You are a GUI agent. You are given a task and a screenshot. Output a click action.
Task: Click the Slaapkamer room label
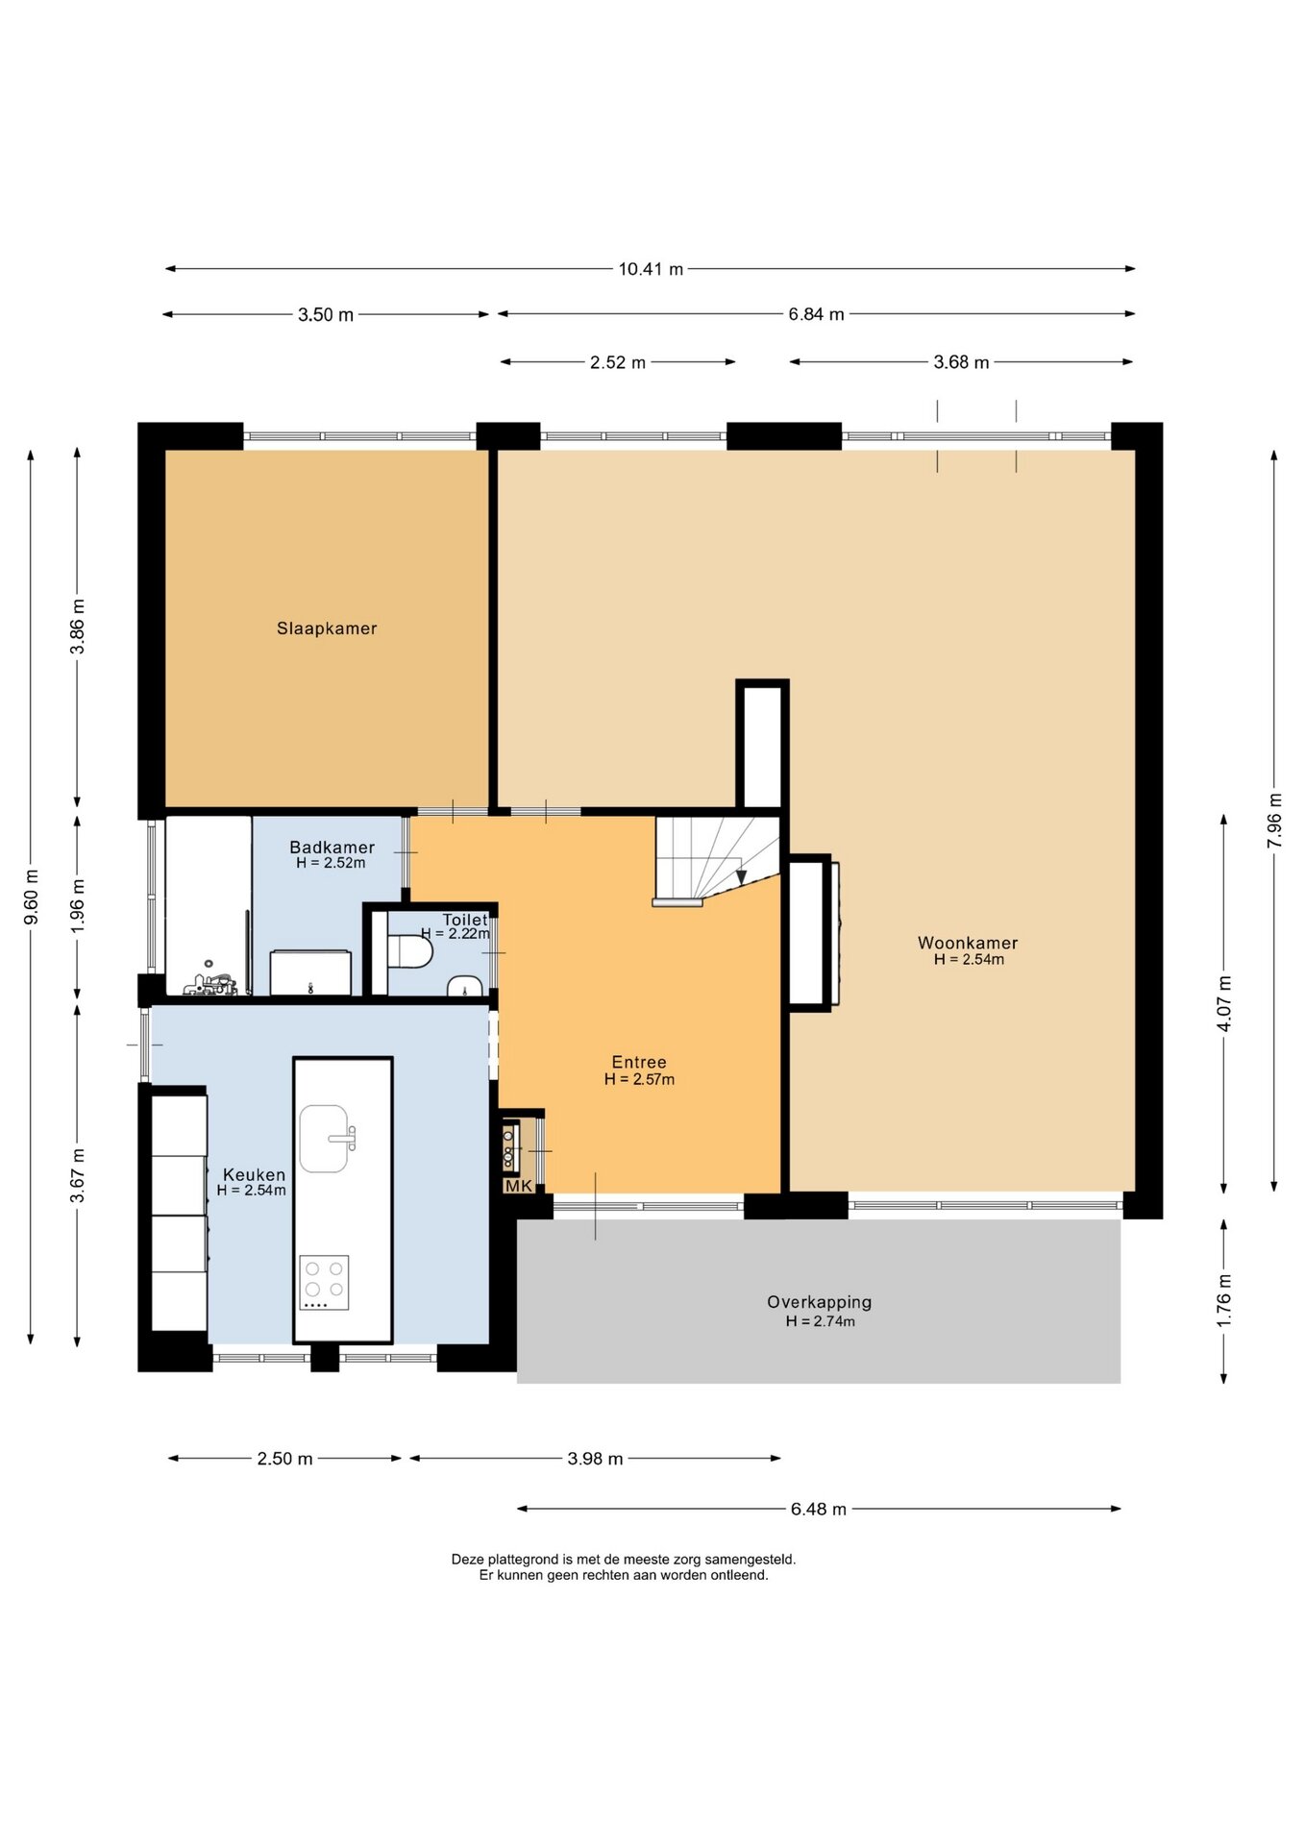(327, 628)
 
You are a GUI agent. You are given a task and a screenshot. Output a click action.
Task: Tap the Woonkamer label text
(968, 943)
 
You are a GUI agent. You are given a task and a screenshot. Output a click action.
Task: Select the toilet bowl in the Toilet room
(409, 951)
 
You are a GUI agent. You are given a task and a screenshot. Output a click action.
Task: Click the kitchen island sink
(325, 1139)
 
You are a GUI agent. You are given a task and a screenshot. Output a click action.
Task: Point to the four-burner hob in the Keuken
(324, 1282)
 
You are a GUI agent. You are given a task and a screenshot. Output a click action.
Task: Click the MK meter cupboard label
(519, 1186)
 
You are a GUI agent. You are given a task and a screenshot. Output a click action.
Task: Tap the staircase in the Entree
(716, 861)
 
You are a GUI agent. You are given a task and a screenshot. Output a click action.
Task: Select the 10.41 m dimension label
(651, 269)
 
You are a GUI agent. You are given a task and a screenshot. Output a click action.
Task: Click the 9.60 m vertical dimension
(32, 897)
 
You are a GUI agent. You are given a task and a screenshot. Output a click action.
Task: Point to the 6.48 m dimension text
(819, 1509)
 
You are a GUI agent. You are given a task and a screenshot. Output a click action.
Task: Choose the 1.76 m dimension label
(1224, 1301)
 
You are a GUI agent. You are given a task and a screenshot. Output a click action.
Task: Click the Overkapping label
(820, 1302)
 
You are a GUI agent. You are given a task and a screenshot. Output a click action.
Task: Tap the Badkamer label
(332, 847)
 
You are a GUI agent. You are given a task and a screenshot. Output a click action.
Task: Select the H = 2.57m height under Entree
(639, 1079)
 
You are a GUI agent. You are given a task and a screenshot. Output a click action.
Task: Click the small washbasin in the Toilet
(465, 986)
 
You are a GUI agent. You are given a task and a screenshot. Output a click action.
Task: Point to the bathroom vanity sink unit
(310, 972)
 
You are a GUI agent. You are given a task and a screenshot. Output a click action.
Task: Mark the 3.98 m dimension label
(595, 1459)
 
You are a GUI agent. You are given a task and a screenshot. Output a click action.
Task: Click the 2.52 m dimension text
(618, 362)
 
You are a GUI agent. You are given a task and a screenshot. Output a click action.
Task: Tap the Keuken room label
(254, 1174)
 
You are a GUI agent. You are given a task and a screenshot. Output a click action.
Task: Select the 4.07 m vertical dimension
(1224, 1003)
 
